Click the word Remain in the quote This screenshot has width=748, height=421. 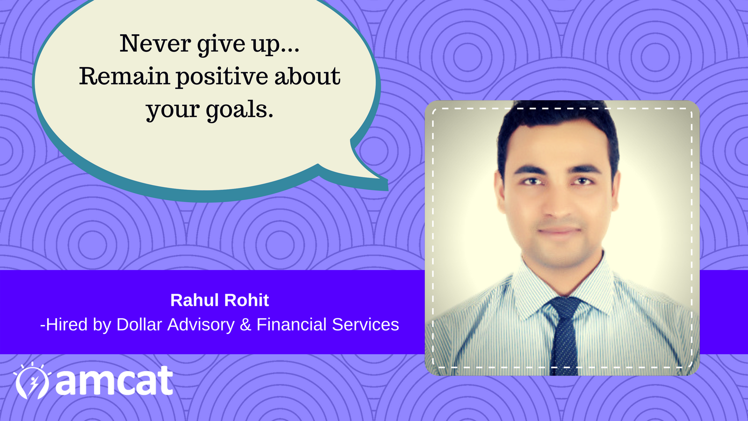pos(124,76)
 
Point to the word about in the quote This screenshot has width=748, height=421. pos(307,76)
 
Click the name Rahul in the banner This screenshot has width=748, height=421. pos(194,300)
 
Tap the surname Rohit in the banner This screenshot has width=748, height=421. pos(246,300)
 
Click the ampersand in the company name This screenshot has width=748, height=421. pos(245,325)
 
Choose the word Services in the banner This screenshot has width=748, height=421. pos(366,324)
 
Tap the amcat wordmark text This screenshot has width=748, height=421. pos(114,381)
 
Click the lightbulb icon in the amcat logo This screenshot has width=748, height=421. pos(32,381)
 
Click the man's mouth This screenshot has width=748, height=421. pos(559,231)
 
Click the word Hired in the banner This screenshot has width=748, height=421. pos(66,324)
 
